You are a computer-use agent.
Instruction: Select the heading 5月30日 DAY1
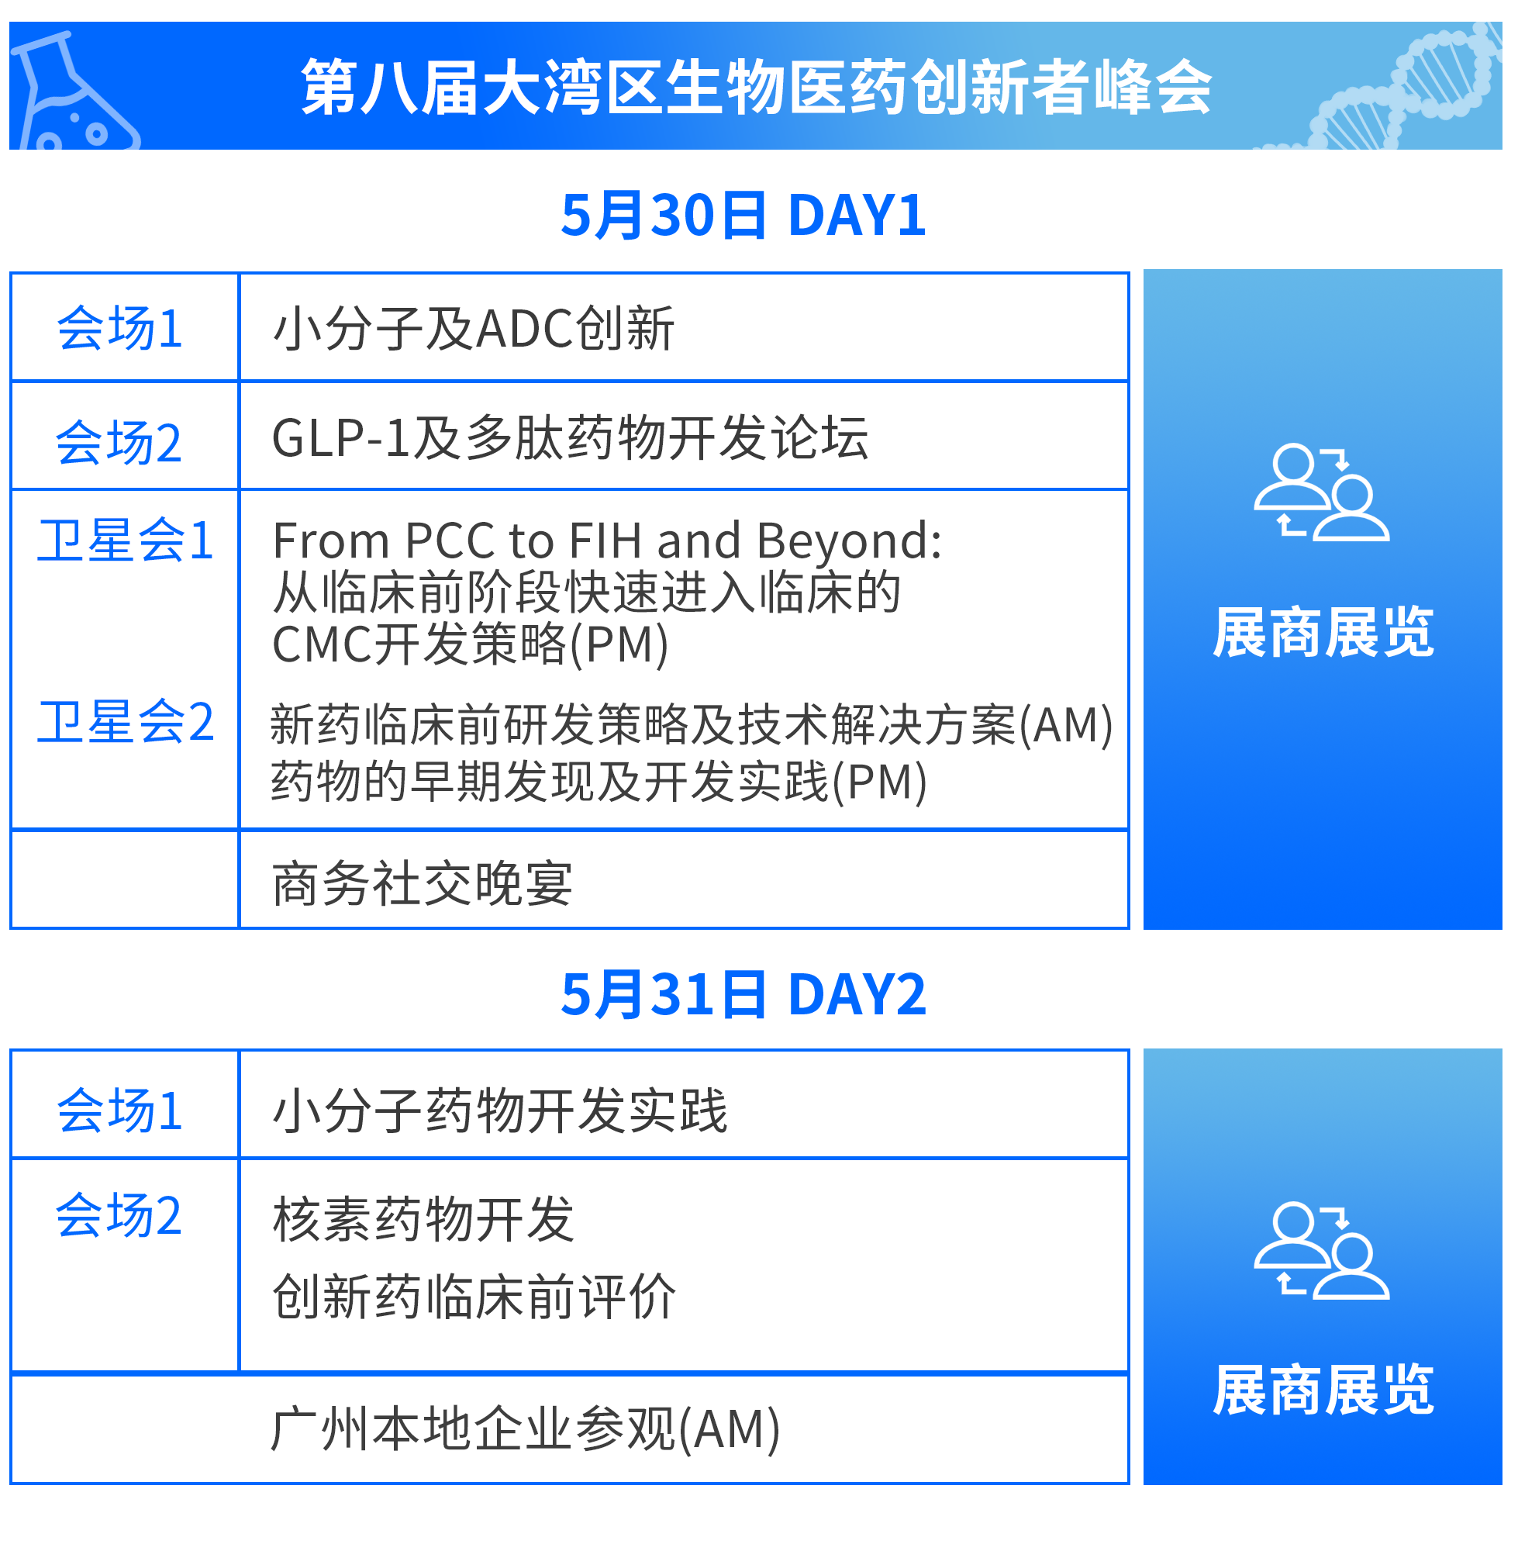pyautogui.click(x=743, y=216)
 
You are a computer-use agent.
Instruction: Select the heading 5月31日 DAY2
pyautogui.click(x=743, y=995)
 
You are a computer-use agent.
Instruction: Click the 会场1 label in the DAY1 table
pyautogui.click(x=119, y=329)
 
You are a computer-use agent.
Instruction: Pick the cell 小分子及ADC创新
pyautogui.click(x=474, y=329)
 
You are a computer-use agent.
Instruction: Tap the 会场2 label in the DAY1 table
pyautogui.click(x=119, y=443)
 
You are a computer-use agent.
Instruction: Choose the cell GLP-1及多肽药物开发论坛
pyautogui.click(x=570, y=439)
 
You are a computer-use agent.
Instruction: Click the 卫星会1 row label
pyautogui.click(x=125, y=541)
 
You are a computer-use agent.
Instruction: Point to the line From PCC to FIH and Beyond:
pyautogui.click(x=607, y=541)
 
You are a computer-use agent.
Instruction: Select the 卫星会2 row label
pyautogui.click(x=125, y=722)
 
